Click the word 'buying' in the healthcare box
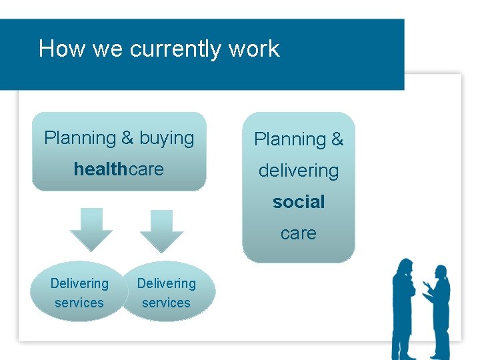(167, 139)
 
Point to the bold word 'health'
(101, 169)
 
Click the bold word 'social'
(299, 201)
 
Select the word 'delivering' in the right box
(299, 171)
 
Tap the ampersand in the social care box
(337, 139)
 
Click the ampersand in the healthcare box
(127, 139)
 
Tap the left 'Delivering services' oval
(79, 292)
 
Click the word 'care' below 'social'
(299, 233)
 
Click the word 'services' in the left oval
(79, 303)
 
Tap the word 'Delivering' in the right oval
(167, 283)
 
